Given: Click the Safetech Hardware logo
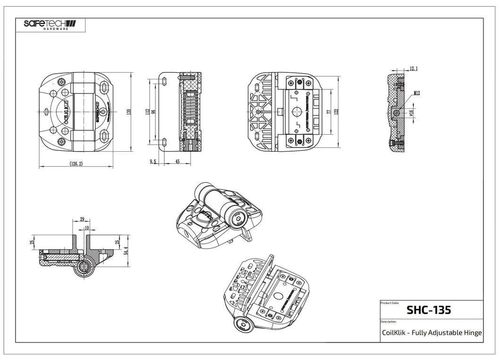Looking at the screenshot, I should click(50, 24).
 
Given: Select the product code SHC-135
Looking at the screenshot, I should click(428, 310).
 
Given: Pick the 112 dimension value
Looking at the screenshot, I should click(147, 111).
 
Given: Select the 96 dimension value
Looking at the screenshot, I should click(153, 111).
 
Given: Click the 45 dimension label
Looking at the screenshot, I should click(177, 162).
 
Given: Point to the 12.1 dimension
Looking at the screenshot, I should click(413, 69).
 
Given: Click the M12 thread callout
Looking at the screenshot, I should click(416, 94).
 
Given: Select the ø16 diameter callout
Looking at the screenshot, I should click(411, 112).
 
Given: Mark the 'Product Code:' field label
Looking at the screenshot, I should click(390, 302).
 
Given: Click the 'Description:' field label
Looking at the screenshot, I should click(389, 321).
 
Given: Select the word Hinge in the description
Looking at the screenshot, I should click(473, 333).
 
